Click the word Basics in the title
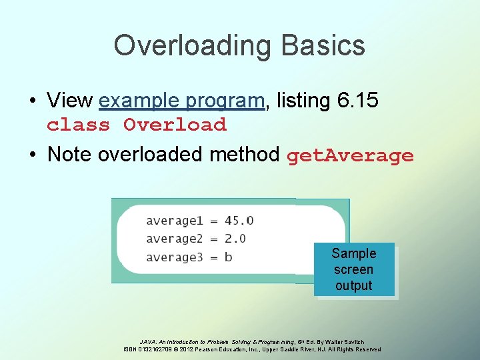coord(323,45)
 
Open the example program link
coord(181,101)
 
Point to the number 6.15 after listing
coord(357,101)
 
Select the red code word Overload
coord(175,125)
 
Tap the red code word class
coord(78,125)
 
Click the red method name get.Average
coord(350,156)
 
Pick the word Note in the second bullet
coord(71,155)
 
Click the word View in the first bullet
coord(70,101)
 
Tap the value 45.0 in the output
coord(239,221)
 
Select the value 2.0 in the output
coord(235,239)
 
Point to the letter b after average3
coord(229,257)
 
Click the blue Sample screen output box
coord(354,269)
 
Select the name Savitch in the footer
coord(353,342)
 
